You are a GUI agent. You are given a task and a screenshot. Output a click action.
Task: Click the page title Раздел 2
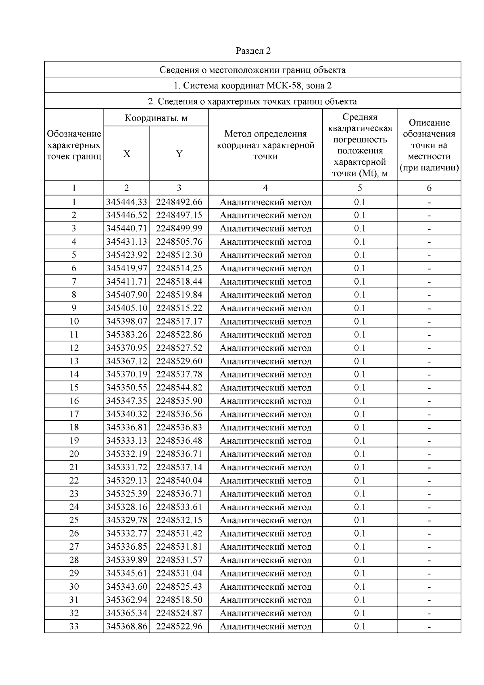[253, 51]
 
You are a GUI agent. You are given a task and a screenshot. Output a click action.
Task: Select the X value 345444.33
[127, 202]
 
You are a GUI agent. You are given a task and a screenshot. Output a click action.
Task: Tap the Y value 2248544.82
[179, 388]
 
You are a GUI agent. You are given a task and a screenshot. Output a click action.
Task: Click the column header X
[127, 153]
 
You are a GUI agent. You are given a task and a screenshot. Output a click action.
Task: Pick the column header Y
[179, 153]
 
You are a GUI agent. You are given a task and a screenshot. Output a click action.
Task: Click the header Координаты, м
[156, 118]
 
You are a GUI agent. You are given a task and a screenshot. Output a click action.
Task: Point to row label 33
[74, 626]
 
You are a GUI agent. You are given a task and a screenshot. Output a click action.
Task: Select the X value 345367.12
[127, 361]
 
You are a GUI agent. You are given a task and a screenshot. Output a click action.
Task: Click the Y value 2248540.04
[179, 480]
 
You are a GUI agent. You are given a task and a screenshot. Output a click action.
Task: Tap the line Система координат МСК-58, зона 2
[253, 86]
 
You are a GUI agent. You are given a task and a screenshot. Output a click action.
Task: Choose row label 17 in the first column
[74, 414]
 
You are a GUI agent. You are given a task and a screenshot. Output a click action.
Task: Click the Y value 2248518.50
[179, 600]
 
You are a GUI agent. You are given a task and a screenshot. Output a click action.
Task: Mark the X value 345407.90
[127, 295]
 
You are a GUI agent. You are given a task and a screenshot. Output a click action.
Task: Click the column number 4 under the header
[265, 188]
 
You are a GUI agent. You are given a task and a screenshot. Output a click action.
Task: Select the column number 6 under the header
[429, 188]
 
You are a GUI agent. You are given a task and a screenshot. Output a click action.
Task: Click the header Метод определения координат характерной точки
[265, 145]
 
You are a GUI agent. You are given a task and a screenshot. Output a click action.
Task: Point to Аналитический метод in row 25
[265, 520]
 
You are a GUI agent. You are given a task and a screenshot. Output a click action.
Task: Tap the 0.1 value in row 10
[360, 321]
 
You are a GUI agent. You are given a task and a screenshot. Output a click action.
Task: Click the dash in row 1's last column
[429, 202]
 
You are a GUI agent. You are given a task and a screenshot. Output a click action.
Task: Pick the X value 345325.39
[127, 494]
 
